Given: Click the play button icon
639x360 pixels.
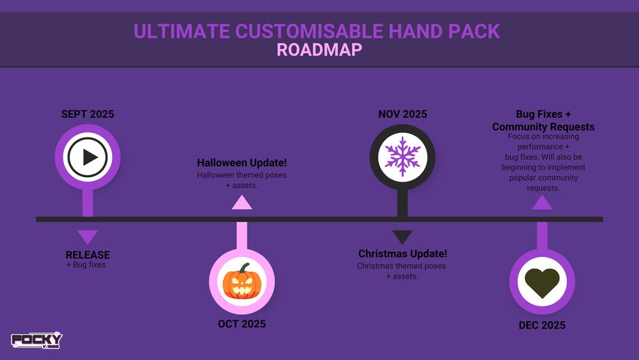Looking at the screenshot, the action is [88, 157].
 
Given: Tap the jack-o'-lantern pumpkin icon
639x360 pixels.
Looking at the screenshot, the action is [242, 281].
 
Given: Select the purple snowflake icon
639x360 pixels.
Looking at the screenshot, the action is [403, 157].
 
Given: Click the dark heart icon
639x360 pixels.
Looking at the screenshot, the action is [542, 283].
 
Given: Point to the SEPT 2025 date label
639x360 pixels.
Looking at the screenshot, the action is [88, 114].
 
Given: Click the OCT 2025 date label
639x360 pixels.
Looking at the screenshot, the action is [242, 324].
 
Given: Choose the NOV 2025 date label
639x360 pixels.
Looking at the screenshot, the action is [403, 114].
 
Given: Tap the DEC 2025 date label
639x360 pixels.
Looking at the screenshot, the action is [542, 325].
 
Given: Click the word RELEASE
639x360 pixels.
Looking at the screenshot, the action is [88, 254].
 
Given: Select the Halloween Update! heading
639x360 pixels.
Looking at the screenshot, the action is [242, 162].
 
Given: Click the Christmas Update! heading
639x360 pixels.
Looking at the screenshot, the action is [403, 254].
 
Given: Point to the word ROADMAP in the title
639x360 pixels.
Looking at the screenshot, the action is [319, 50].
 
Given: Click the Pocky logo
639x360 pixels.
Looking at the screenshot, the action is [36, 340].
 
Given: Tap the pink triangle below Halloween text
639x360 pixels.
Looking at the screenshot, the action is [242, 203].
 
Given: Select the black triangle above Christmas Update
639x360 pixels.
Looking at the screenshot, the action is [403, 237].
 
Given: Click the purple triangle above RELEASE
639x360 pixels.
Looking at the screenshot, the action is [88, 237].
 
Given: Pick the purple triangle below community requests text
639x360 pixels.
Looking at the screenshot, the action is [542, 203].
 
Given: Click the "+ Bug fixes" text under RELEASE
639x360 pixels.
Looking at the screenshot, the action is [86, 265].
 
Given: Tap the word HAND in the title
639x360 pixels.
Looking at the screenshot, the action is [415, 31].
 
